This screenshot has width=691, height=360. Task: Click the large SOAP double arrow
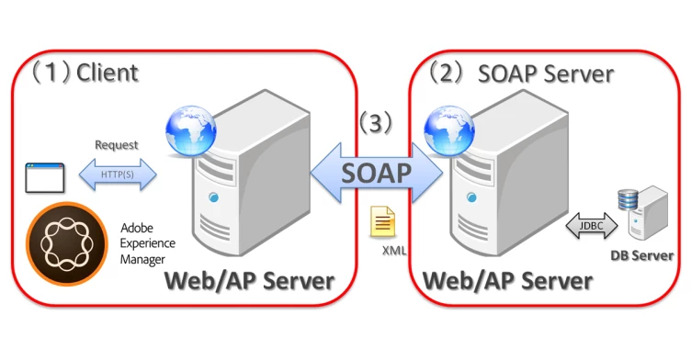[x=377, y=173]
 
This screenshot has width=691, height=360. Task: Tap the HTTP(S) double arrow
[x=118, y=174]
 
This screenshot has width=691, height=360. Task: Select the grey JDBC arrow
[x=592, y=226]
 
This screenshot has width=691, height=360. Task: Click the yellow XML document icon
[x=382, y=221]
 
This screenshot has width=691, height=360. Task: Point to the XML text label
[x=394, y=251]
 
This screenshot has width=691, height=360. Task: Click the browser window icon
[x=45, y=178]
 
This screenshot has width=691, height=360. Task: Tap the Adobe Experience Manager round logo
[x=67, y=243]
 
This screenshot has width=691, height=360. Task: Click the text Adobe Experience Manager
[x=148, y=243]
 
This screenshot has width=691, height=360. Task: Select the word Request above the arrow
[x=117, y=145]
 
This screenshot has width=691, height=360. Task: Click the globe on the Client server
[x=191, y=131]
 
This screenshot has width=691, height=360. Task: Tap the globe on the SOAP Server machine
[x=449, y=131]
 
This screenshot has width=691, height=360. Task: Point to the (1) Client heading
[x=85, y=73]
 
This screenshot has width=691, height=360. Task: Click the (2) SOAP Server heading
[x=521, y=73]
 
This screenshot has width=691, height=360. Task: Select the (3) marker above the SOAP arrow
[x=376, y=122]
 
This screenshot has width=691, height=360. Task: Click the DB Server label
[x=642, y=255]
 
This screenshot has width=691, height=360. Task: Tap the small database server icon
[x=643, y=213]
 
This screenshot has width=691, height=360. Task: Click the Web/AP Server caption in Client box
[x=249, y=281]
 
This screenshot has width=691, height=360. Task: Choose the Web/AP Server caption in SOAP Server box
[x=507, y=281]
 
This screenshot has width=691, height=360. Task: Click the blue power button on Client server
[x=214, y=197]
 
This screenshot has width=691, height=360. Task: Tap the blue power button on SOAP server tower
[x=472, y=197]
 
